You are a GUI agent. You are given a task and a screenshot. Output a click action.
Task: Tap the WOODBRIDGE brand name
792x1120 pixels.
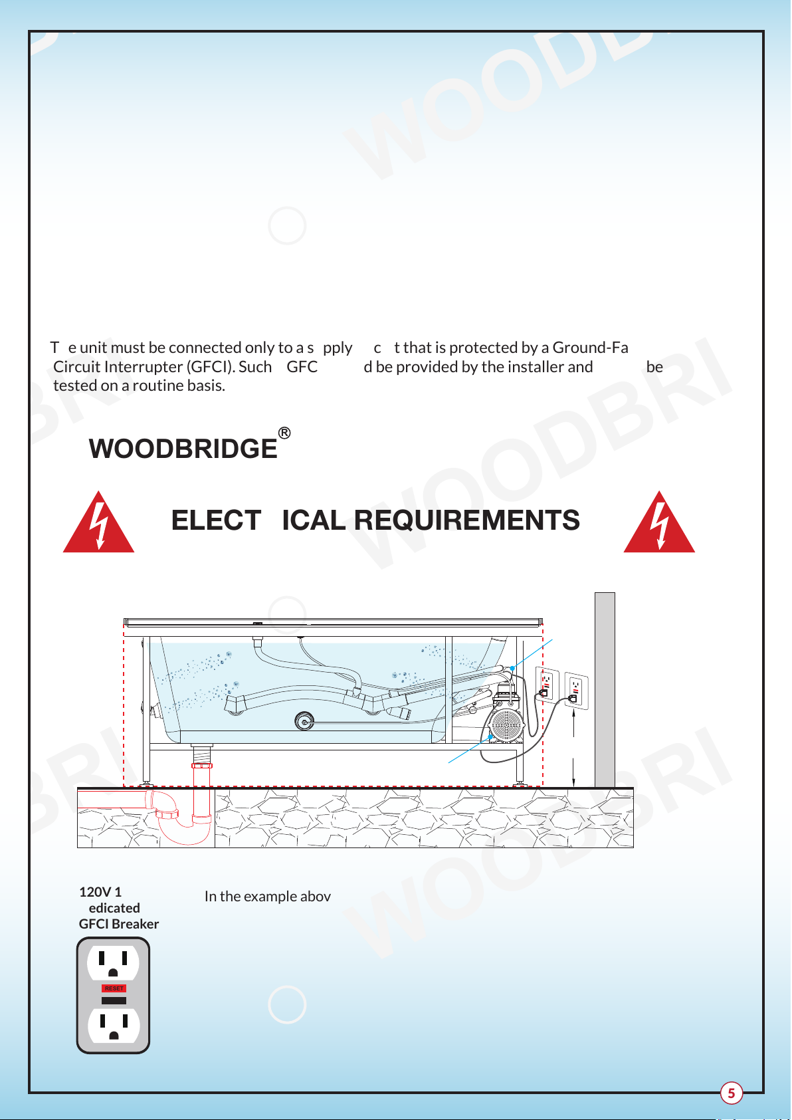(x=183, y=449)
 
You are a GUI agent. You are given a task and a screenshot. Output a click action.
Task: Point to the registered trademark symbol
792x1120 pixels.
(x=284, y=433)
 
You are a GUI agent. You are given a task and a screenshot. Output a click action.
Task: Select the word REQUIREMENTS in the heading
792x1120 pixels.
(x=467, y=520)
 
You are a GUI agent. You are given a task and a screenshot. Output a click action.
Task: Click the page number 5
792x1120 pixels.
(x=731, y=1093)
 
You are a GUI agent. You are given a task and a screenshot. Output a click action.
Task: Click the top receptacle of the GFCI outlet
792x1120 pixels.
(x=113, y=962)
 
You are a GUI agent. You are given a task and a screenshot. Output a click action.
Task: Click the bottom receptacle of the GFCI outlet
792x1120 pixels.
(x=114, y=1026)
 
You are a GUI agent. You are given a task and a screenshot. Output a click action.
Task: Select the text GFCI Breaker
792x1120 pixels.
(x=119, y=924)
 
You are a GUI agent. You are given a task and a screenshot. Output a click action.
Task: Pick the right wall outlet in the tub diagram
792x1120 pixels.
(x=575, y=691)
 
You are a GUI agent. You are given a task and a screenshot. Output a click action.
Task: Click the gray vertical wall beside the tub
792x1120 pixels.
(x=605, y=689)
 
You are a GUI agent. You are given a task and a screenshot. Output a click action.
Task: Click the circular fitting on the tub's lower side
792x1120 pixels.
(x=304, y=721)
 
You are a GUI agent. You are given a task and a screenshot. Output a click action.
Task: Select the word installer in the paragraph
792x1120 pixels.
(x=536, y=367)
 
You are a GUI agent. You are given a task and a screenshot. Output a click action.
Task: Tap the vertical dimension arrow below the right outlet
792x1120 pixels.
(x=573, y=748)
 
